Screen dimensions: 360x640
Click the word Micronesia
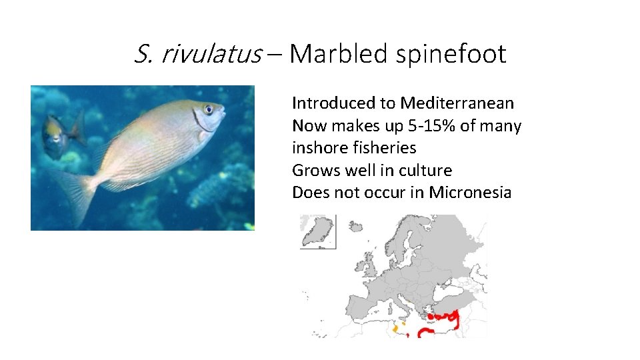[470, 193]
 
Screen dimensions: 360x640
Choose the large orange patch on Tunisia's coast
[395, 329]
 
